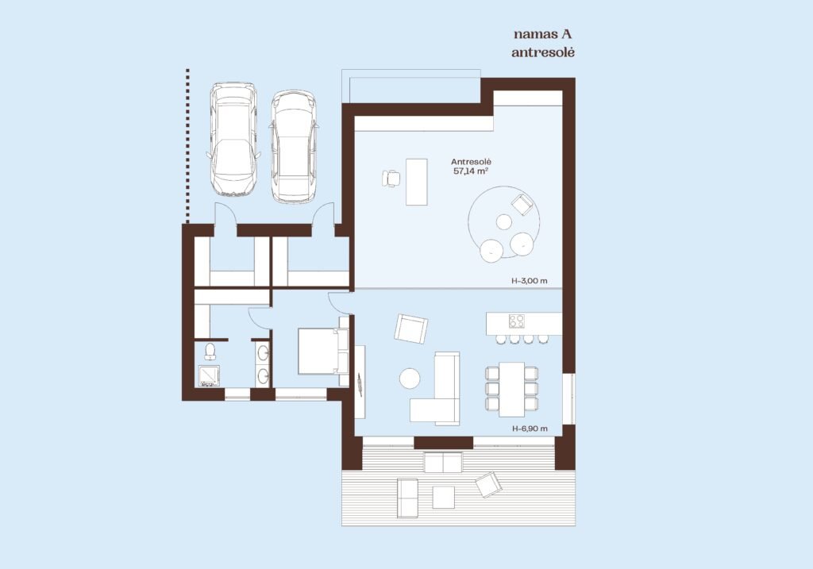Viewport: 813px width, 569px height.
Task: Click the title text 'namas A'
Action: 543,34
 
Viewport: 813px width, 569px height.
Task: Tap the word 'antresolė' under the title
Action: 543,52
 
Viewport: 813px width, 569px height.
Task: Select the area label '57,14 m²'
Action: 471,171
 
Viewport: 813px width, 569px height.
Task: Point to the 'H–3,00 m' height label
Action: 530,282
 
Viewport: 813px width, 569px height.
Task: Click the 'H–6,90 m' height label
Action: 530,429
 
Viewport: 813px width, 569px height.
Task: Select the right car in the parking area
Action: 294,146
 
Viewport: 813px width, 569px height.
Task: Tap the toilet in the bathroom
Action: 210,351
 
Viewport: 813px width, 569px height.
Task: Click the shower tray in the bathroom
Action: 209,376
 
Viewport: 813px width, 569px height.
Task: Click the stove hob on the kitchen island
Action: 516,321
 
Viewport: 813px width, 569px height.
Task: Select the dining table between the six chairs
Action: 512,389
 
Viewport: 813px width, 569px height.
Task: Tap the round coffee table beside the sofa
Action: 410,379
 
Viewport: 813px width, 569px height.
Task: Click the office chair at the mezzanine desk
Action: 391,178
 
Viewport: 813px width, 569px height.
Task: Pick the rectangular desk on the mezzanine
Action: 416,182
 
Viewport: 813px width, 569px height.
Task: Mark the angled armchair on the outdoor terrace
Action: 489,485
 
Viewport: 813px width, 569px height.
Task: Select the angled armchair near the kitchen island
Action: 411,329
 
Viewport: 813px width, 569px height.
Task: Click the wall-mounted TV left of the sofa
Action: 360,384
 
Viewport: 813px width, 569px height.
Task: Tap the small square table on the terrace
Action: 443,498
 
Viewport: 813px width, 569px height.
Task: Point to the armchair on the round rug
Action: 522,204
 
